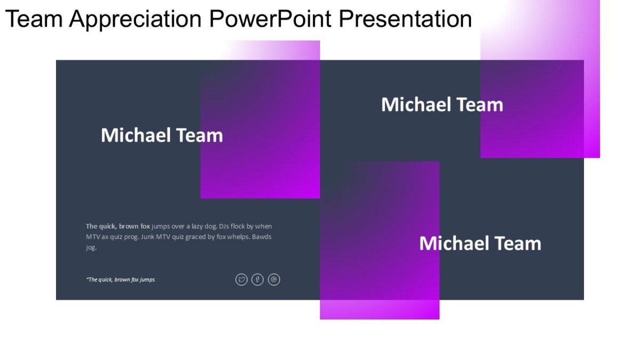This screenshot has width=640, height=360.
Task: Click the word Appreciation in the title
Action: [x=135, y=19]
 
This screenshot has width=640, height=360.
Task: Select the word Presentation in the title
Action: [x=405, y=19]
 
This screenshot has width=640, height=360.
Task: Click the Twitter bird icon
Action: [x=242, y=279]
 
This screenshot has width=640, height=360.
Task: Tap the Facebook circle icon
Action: [x=258, y=279]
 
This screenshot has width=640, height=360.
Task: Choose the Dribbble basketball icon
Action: [x=274, y=279]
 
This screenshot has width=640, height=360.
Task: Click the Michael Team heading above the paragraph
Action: [x=162, y=135]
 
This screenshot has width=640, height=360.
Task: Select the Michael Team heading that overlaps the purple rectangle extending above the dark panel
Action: [x=442, y=105]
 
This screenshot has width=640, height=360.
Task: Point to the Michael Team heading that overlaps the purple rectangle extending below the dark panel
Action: [x=480, y=243]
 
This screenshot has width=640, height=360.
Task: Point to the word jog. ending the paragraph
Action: [x=91, y=247]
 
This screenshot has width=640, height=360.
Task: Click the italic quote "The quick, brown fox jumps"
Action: [x=121, y=279]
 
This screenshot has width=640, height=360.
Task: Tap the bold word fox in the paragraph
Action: [x=145, y=226]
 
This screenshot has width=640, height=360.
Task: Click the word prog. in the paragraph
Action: [x=129, y=237]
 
